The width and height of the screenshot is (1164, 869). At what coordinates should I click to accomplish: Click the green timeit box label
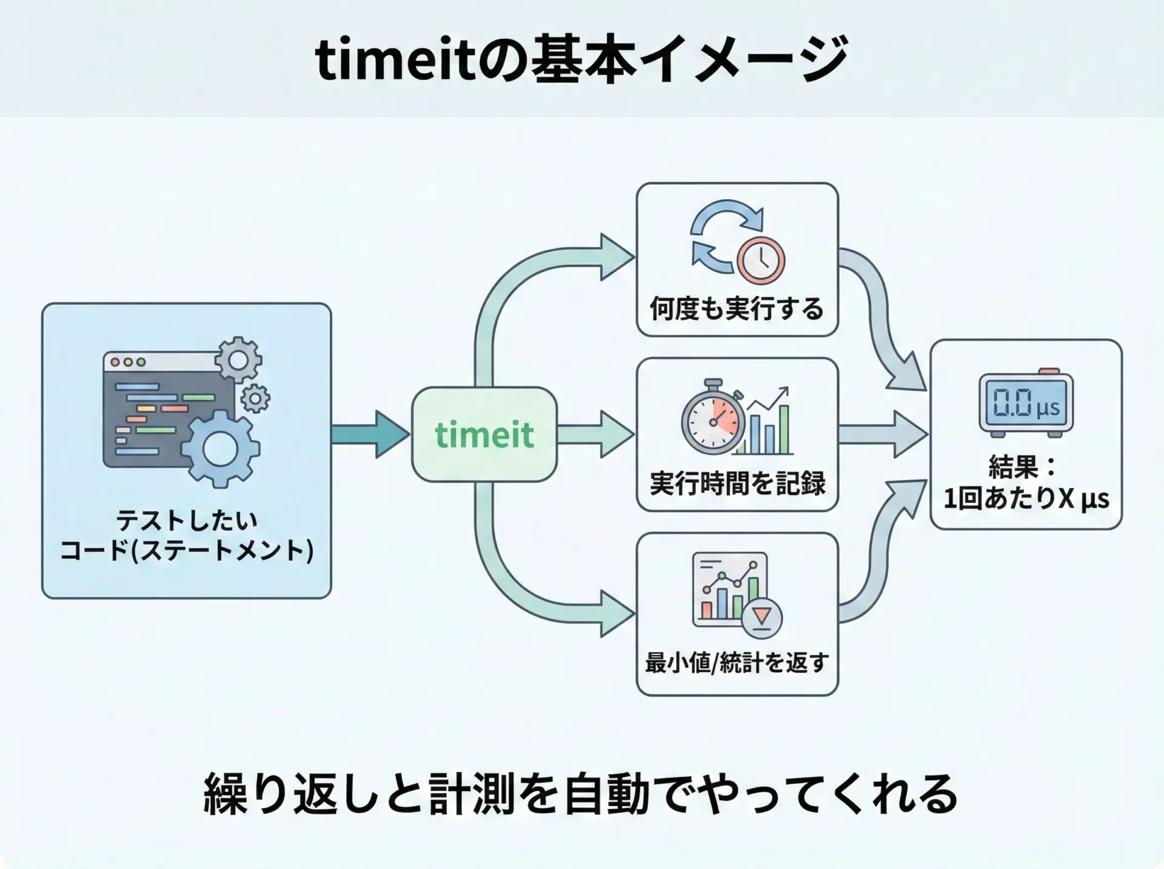(x=484, y=435)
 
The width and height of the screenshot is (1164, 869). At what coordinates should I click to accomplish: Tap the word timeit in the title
(x=396, y=61)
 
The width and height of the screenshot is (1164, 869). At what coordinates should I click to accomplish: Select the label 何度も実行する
(x=737, y=308)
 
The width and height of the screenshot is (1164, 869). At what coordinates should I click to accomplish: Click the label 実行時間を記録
(x=737, y=484)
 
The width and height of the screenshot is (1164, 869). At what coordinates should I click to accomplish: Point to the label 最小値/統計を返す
(x=737, y=662)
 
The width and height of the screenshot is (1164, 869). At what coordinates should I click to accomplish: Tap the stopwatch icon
(x=714, y=417)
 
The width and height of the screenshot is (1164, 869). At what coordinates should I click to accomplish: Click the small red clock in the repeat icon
(x=761, y=260)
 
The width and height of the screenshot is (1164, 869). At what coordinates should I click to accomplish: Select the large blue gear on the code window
(x=220, y=448)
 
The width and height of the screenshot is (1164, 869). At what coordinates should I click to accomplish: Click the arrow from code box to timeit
(x=370, y=435)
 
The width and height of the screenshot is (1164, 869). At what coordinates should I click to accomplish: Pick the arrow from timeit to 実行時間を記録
(x=596, y=435)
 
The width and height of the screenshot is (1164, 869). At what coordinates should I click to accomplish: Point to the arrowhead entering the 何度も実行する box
(x=617, y=257)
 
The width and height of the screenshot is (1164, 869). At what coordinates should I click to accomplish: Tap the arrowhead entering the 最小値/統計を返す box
(x=617, y=613)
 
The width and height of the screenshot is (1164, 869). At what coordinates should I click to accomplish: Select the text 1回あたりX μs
(x=1026, y=499)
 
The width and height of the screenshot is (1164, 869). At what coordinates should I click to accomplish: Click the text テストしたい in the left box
(x=187, y=521)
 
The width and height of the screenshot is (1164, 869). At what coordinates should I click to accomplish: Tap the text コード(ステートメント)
(x=187, y=551)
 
